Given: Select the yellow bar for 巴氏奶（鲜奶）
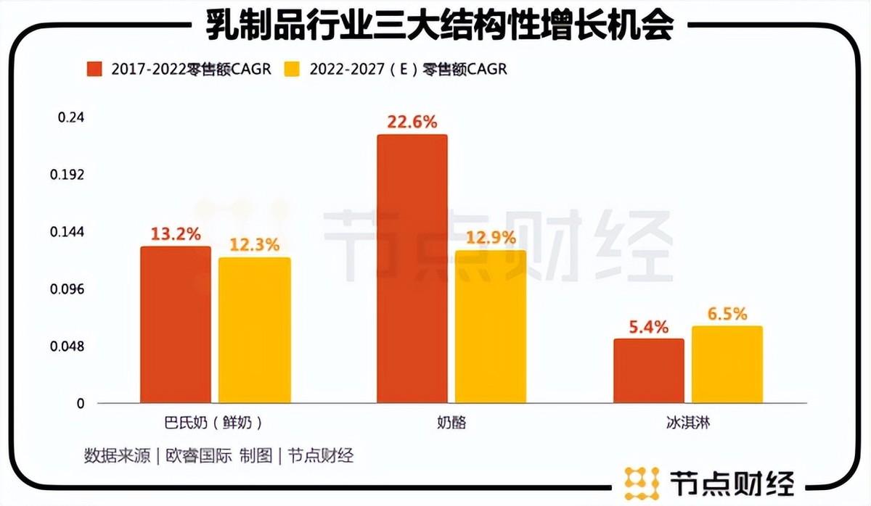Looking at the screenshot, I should [x=254, y=331].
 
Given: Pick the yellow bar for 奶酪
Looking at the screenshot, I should [x=491, y=327].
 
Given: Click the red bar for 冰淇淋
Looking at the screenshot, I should [x=648, y=370].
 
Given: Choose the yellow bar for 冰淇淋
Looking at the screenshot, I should [x=727, y=365].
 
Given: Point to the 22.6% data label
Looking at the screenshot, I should [x=412, y=122].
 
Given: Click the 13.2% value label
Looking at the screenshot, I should [x=176, y=234].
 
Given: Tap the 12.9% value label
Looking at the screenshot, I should [x=491, y=238].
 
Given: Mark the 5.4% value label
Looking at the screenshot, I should [x=648, y=326].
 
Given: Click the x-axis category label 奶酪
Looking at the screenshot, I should [x=451, y=423].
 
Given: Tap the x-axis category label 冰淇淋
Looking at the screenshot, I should [x=687, y=423].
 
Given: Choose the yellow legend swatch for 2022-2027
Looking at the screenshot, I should [x=293, y=69].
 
